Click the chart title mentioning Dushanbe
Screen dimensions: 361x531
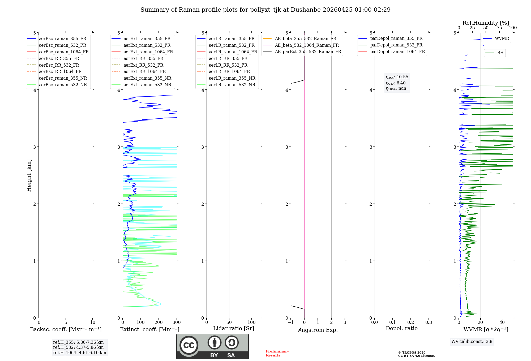pos(265,10)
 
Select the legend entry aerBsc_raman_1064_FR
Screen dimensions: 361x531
pos(64,52)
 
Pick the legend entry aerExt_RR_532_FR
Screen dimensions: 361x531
pos(143,65)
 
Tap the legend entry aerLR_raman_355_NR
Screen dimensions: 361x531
pos(232,78)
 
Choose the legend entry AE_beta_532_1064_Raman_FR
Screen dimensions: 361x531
pos(307,45)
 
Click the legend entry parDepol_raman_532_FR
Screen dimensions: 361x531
pos(396,45)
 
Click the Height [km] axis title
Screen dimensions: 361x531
pos(29,175)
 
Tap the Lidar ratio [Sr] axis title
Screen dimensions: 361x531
pos(234,328)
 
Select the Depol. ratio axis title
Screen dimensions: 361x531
pos(401,328)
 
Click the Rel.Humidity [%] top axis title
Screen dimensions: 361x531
pos(486,23)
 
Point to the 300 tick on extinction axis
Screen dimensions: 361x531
pos(177,323)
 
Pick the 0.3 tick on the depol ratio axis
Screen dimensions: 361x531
pos(429,323)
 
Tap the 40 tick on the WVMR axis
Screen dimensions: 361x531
pos(502,323)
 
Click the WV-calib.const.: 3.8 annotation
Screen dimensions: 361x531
pos(472,342)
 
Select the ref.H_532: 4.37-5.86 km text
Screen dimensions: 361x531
pos(78,347)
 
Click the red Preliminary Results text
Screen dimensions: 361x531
pos(277,353)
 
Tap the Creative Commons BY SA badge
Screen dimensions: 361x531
pos(212,346)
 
